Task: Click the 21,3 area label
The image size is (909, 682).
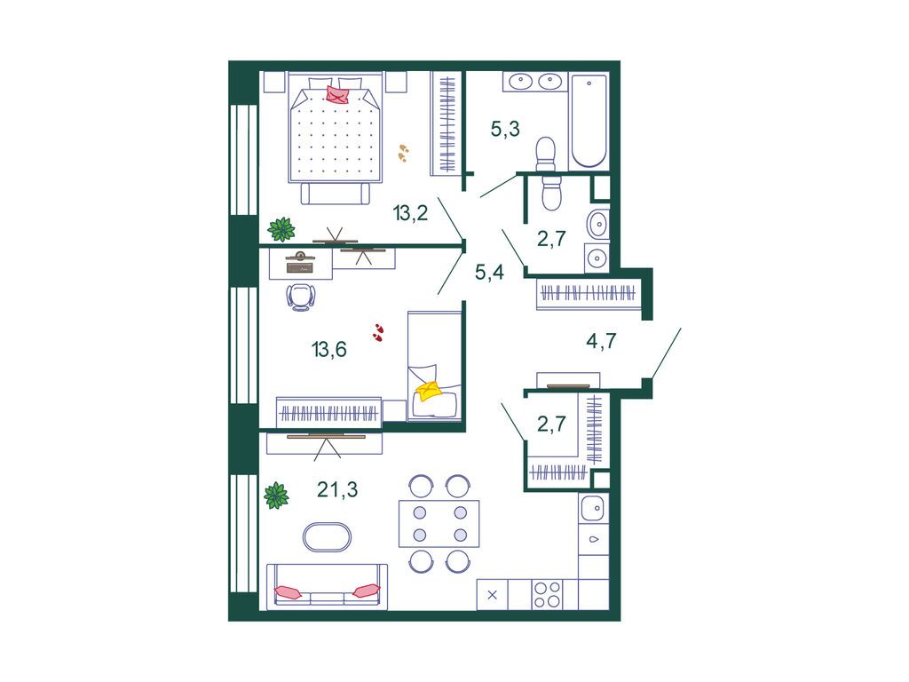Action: click(x=337, y=490)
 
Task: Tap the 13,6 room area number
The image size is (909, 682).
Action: click(x=328, y=349)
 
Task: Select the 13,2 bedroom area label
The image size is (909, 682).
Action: click(x=410, y=213)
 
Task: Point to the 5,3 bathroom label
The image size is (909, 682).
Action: click(x=505, y=129)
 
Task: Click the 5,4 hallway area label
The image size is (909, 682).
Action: click(x=489, y=272)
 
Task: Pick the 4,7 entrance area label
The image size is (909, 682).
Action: click(x=601, y=340)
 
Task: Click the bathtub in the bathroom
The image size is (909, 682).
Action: click(x=589, y=121)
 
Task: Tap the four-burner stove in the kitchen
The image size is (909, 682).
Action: click(x=547, y=595)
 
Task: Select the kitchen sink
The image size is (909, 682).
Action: click(x=593, y=509)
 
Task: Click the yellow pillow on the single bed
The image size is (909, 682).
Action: click(x=429, y=391)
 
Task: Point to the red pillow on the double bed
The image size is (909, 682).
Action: click(x=338, y=94)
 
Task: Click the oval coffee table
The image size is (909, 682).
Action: click(x=327, y=537)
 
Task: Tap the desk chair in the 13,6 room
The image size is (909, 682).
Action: click(x=301, y=297)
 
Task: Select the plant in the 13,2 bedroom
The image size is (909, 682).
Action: click(x=281, y=229)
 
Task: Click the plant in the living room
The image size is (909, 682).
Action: click(x=277, y=496)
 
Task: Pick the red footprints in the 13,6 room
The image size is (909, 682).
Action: click(x=378, y=332)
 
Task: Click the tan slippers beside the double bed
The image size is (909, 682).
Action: click(x=403, y=153)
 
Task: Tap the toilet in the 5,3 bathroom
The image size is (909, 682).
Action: click(x=546, y=155)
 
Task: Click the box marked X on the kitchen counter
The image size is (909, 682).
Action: click(x=492, y=595)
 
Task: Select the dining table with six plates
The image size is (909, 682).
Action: click(x=439, y=524)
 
